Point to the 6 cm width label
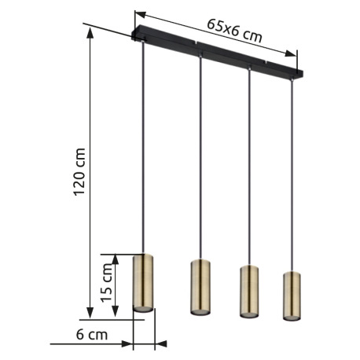point(92,335)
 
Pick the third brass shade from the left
point(249,291)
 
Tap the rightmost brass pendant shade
point(292,296)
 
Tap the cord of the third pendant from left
point(249,165)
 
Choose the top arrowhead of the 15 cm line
point(116,257)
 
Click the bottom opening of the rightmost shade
point(292,320)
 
